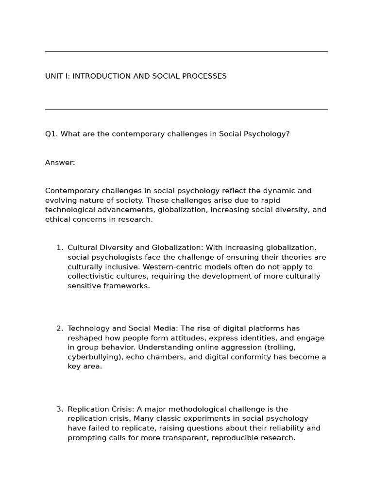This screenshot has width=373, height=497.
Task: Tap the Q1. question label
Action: [51, 134]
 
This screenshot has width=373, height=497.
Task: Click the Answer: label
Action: [60, 163]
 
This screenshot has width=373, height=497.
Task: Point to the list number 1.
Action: [59, 248]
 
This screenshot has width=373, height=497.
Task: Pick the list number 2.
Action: [59, 329]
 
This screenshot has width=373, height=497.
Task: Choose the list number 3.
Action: [59, 409]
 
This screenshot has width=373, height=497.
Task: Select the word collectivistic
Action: [91, 277]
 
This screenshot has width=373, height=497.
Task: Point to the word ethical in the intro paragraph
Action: [57, 219]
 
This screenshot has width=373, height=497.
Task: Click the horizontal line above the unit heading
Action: [186, 51]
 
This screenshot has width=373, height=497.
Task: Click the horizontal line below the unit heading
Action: [186, 110]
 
